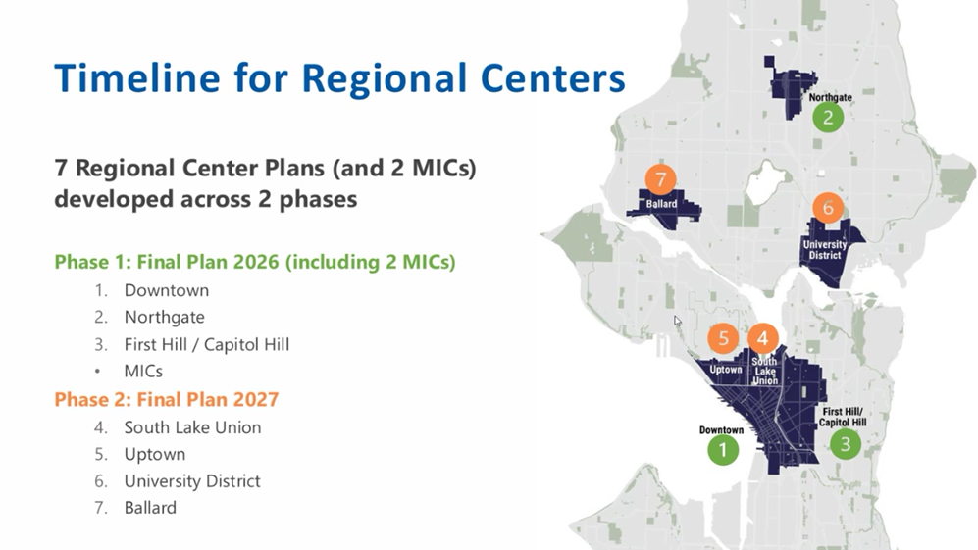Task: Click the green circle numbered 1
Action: coord(723,450)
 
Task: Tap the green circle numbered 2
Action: coord(828,118)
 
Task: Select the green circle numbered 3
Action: coord(846,444)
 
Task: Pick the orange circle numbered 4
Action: coord(763,338)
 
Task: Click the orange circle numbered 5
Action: coord(724,338)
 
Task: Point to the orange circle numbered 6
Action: coord(828,208)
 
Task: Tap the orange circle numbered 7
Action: coord(660,180)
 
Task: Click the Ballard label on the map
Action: coord(661,204)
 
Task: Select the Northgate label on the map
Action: coord(830,97)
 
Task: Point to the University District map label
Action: coord(825,250)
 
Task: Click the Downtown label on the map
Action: coord(721,430)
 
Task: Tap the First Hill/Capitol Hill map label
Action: coord(843,418)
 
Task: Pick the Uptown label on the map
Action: coord(726,370)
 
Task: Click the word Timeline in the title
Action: coord(137,78)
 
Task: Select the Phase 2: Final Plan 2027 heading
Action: coord(167,399)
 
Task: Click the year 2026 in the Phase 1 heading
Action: coord(256,262)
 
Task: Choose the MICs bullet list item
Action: coord(143,371)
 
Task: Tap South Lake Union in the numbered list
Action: coord(192,427)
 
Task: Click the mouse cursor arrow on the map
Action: coord(678,321)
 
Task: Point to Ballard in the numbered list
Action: coord(150,508)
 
